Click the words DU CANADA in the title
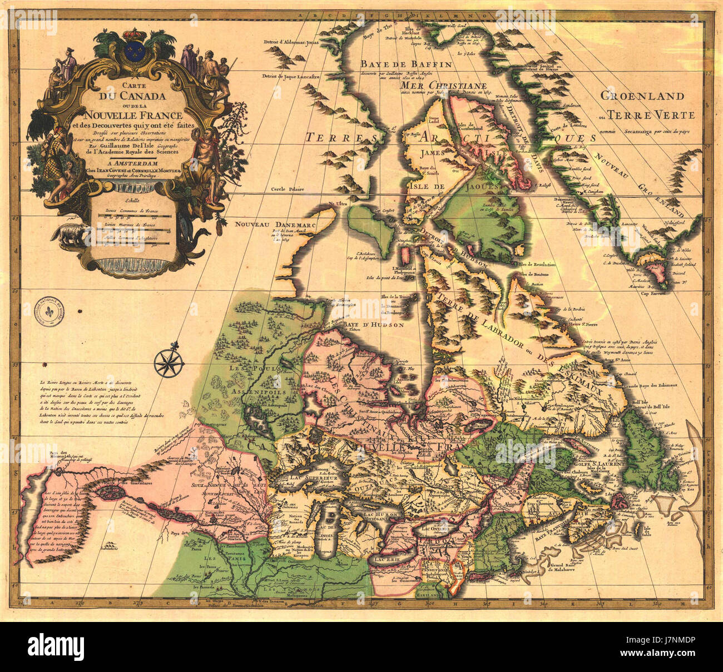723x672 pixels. click(x=132, y=95)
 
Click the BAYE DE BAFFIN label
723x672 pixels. click(x=405, y=64)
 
